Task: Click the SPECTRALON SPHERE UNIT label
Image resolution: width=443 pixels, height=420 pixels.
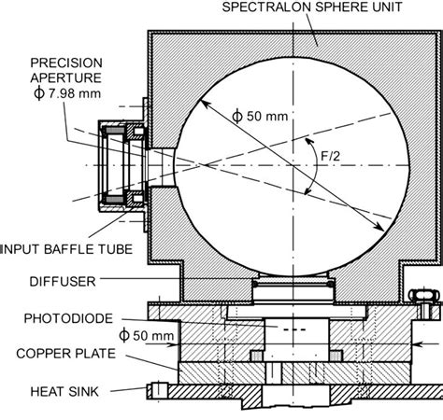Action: click(312, 7)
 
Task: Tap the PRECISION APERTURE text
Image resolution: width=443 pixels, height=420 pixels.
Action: click(66, 70)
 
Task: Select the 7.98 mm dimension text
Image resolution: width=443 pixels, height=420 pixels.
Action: click(75, 93)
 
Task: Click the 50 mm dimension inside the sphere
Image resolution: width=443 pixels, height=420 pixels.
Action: click(260, 116)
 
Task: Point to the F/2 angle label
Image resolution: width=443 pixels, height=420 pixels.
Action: click(331, 156)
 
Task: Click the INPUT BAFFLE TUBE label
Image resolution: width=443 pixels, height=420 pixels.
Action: click(66, 249)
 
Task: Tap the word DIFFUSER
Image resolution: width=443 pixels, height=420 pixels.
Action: click(63, 282)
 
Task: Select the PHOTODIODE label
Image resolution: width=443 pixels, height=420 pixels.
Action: click(68, 318)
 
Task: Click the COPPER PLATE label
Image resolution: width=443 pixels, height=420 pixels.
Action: click(66, 354)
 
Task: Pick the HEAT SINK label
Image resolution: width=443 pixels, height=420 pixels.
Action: click(64, 391)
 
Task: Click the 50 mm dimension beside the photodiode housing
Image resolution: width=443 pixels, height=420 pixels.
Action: click(147, 336)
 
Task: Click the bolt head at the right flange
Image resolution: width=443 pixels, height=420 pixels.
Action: click(424, 295)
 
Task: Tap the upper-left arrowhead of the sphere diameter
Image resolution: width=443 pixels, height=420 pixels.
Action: click(205, 104)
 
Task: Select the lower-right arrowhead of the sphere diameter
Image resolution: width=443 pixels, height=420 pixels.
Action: click(379, 226)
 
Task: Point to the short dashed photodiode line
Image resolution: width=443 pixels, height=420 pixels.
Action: click(294, 329)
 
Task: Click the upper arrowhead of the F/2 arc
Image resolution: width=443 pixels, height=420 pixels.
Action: click(309, 142)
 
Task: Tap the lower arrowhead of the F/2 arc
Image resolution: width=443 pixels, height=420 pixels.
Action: click(308, 190)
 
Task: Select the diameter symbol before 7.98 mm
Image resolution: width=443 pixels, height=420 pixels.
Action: click(39, 93)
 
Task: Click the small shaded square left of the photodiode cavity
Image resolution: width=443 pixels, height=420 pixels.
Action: click(256, 356)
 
